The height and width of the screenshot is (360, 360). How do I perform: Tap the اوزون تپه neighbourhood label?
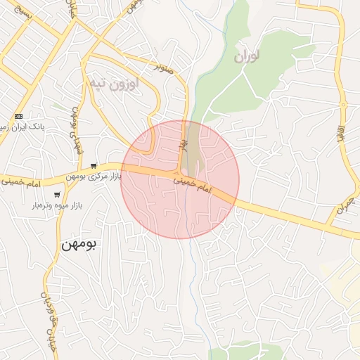[x=113, y=84]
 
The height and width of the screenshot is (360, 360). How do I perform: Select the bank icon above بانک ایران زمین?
[x=18, y=116]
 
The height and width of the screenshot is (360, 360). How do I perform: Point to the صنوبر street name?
[x=164, y=68]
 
